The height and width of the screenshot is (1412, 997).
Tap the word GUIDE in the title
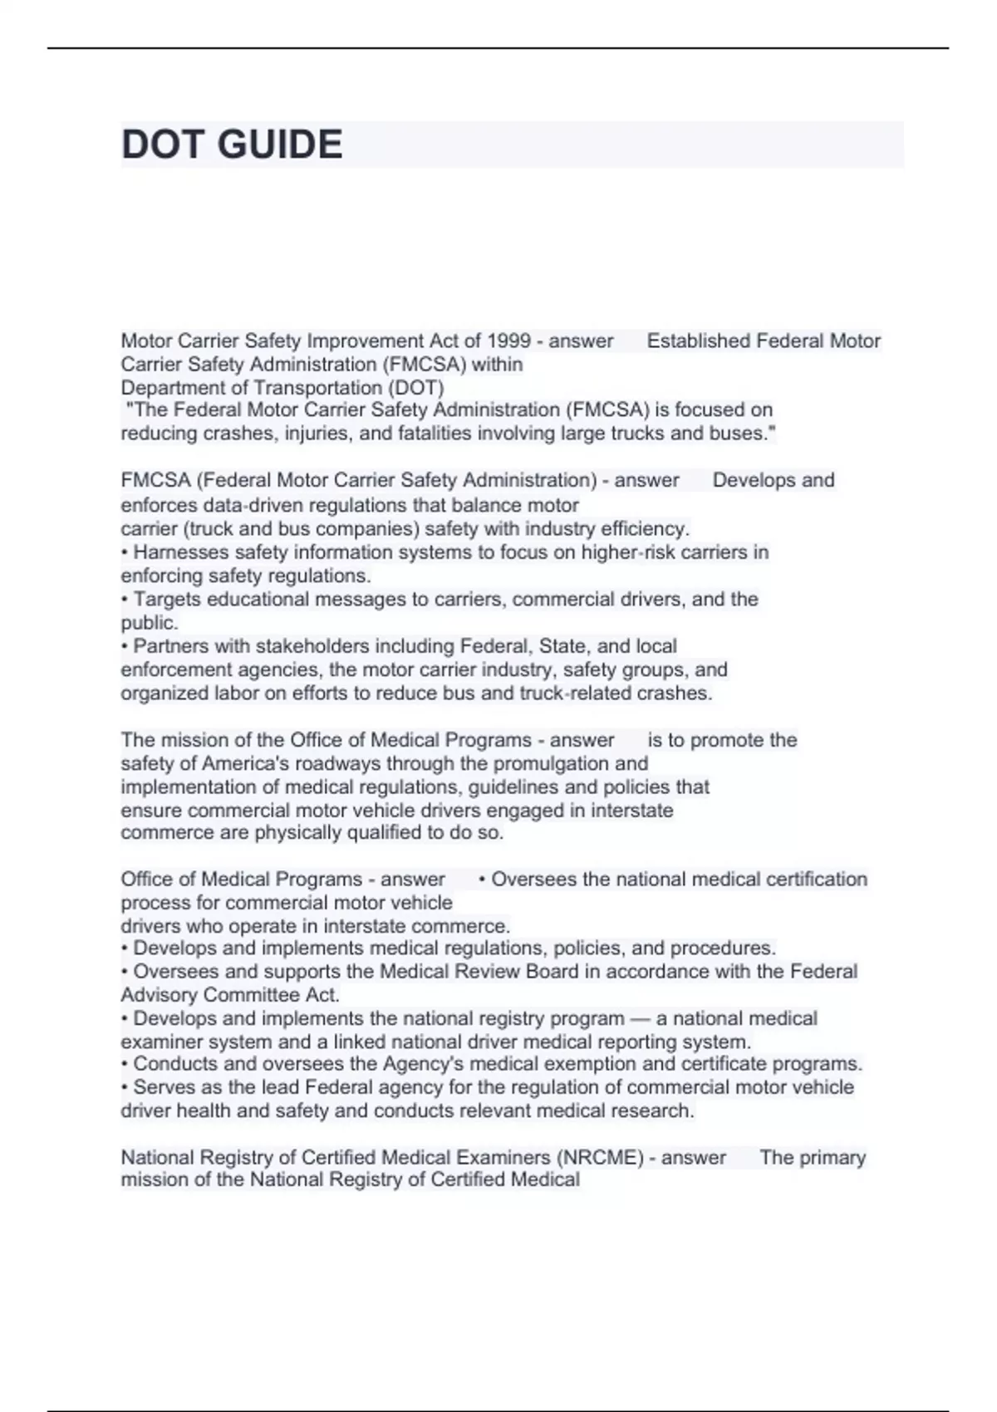(x=280, y=145)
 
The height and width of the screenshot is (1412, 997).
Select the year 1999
(x=508, y=341)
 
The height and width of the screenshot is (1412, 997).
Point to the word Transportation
(x=318, y=388)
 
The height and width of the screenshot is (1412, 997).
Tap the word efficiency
(x=646, y=528)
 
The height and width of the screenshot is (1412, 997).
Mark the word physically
(x=298, y=832)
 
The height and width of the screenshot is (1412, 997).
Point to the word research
(x=651, y=1110)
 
